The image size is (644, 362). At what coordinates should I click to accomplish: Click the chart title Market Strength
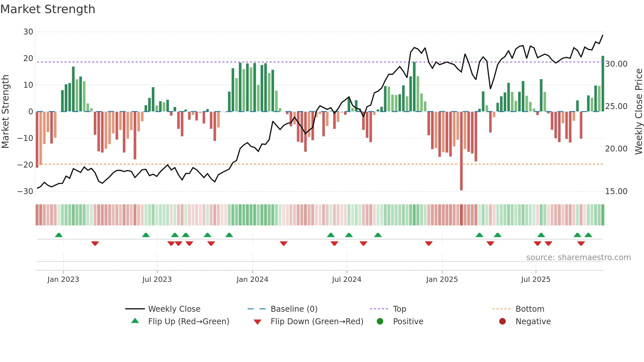[x=48, y=9]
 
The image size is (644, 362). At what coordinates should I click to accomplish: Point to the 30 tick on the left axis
[x=28, y=32]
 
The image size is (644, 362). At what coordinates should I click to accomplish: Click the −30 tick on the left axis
[x=25, y=192]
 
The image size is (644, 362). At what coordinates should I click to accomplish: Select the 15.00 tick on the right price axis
[x=616, y=192]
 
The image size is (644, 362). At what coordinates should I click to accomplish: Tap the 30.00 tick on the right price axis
[x=616, y=64]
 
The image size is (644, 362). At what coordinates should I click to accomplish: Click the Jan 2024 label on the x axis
[x=252, y=280]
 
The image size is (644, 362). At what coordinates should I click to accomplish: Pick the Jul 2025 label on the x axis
[x=535, y=280]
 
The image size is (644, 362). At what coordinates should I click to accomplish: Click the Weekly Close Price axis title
[x=638, y=111]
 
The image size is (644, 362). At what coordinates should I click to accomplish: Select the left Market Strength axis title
[x=6, y=111]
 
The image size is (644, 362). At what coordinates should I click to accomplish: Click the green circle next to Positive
[x=380, y=322]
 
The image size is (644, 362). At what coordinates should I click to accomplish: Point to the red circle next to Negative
[x=502, y=322]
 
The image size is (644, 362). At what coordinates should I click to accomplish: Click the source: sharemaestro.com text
[x=578, y=258]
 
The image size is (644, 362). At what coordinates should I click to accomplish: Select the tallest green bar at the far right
[x=603, y=84]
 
